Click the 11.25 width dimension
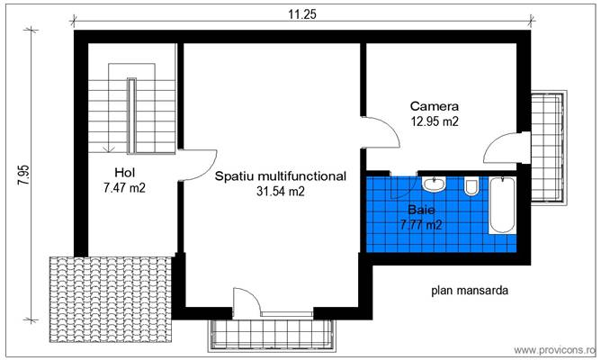301,14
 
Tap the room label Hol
125,173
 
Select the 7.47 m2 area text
124,188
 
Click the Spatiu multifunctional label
280,176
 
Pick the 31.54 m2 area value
280,192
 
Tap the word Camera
435,104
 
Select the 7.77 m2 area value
420,225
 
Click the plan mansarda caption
470,291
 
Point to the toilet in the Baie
471,188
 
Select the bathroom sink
435,184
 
